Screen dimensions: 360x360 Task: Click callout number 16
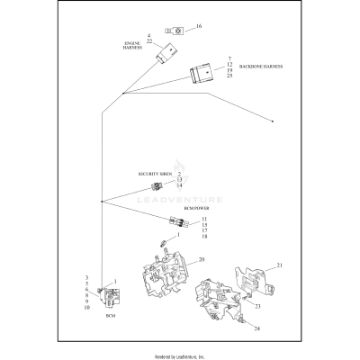(199, 27)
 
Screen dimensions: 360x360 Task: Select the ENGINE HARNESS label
(132, 46)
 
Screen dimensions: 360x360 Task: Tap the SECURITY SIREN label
(155, 173)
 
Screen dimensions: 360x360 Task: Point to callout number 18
(204, 237)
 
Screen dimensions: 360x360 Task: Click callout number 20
(202, 259)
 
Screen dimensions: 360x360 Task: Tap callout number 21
(280, 265)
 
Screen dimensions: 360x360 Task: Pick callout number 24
(256, 329)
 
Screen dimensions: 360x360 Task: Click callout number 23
(258, 306)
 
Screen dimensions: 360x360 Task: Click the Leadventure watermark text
(179, 202)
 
